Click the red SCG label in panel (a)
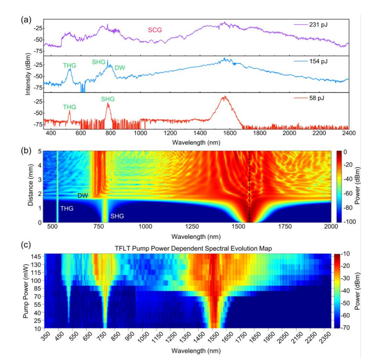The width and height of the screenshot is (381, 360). [155, 30]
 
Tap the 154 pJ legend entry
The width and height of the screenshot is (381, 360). [318, 61]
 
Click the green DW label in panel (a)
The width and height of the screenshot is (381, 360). [120, 67]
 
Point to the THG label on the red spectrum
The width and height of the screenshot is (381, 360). [69, 107]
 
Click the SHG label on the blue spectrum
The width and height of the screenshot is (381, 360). [99, 62]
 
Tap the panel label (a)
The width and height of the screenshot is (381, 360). [26, 20]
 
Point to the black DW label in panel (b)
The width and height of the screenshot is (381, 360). [82, 195]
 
